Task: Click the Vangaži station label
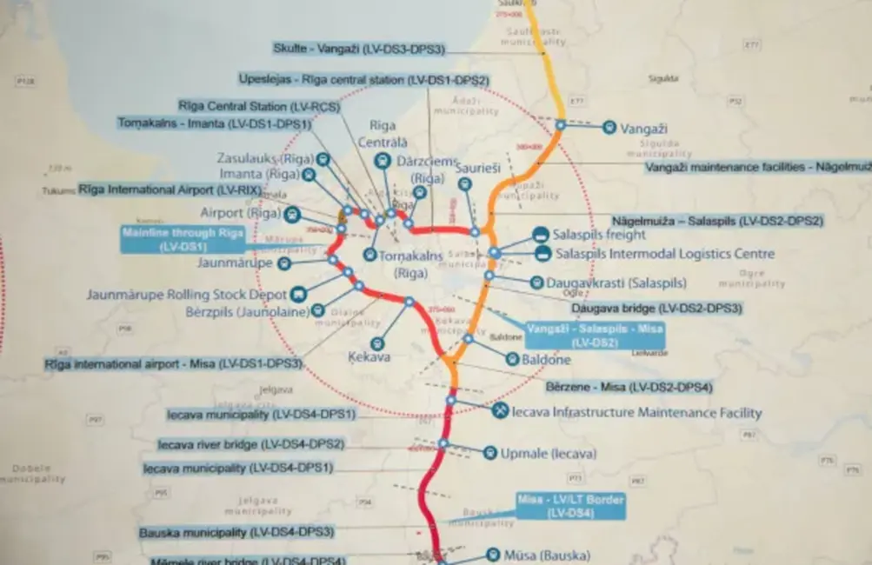pyautogui.click(x=643, y=129)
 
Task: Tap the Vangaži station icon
pyautogui.click(x=609, y=127)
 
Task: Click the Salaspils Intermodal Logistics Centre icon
pyautogui.click(x=543, y=254)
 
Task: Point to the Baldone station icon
pyautogui.click(x=512, y=359)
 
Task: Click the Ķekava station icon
pyautogui.click(x=376, y=343)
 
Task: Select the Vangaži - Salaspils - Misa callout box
pyautogui.click(x=595, y=335)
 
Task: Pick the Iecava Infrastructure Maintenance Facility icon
pyautogui.click(x=500, y=411)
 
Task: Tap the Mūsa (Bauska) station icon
pyautogui.click(x=493, y=555)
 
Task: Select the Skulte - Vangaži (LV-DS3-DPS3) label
pyautogui.click(x=359, y=49)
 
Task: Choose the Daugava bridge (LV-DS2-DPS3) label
pyautogui.click(x=656, y=308)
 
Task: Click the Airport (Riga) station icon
pyautogui.click(x=292, y=213)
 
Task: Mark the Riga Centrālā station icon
pyautogui.click(x=382, y=161)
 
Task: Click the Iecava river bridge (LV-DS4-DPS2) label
pyautogui.click(x=251, y=444)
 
